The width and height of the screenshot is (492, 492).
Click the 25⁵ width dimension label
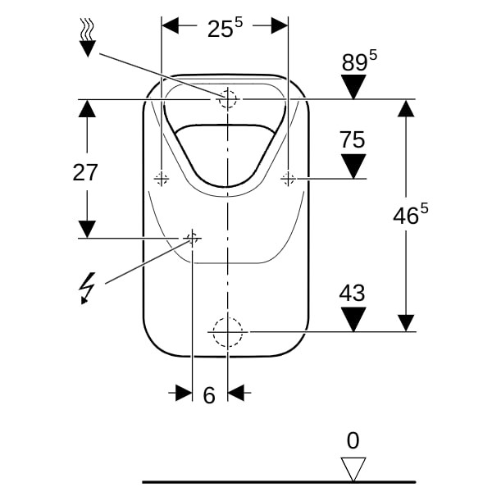click(x=225, y=28)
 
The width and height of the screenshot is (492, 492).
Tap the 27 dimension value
click(x=85, y=173)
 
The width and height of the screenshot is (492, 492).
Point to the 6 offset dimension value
click(x=209, y=395)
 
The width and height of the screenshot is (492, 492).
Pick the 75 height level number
click(x=353, y=140)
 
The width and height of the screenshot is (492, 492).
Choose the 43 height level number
click(x=353, y=294)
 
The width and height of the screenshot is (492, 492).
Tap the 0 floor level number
click(x=353, y=441)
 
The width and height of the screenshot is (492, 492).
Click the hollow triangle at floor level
click(x=353, y=469)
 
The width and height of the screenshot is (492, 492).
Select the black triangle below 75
click(x=353, y=166)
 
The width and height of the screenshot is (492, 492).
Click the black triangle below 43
click(x=353, y=319)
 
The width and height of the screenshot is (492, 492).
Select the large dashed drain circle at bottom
click(x=228, y=331)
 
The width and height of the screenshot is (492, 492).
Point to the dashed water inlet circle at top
click(x=228, y=99)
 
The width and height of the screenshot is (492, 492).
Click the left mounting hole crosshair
click(x=162, y=178)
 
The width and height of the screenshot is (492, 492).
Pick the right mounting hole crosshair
click(x=288, y=178)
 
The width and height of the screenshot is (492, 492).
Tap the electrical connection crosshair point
click(x=192, y=238)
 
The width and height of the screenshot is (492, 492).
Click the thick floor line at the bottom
click(x=279, y=482)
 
